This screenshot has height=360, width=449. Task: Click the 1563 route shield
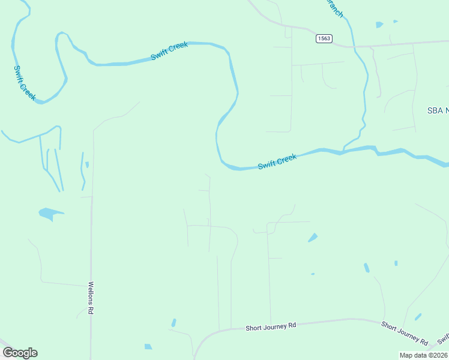coord(324,38)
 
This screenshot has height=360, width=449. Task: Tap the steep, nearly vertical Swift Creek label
coord(25,83)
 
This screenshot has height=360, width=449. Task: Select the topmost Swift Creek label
coord(169,50)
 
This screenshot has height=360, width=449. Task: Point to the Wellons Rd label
coord(91,298)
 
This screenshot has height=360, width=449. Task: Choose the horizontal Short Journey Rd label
coord(271,326)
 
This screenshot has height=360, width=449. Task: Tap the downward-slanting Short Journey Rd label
coord(405,333)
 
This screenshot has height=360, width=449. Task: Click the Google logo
coord(20,353)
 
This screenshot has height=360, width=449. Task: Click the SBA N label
coord(438,110)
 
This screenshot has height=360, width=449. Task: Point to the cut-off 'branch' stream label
coord(334,8)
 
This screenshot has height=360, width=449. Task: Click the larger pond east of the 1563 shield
coord(379,25)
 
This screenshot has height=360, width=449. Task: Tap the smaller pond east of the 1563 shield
coord(395,22)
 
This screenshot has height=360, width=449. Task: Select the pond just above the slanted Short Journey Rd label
coord(418,316)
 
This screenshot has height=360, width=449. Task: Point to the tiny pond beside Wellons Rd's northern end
coord(87,164)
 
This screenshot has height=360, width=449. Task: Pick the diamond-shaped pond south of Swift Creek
coord(313,238)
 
